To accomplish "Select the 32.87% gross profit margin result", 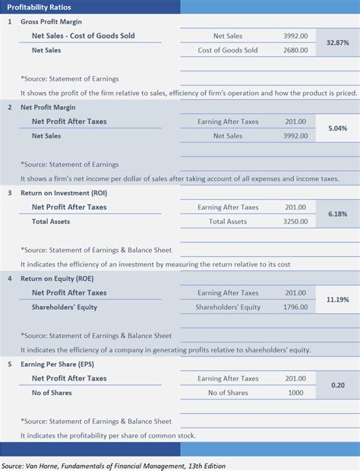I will coord(336,43).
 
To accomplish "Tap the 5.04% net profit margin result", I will coord(336,128).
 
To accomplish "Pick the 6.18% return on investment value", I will coord(336,214).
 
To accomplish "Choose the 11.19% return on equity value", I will coord(336,299).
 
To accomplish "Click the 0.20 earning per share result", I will coord(336,385).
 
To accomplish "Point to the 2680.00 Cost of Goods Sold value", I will coord(296,50).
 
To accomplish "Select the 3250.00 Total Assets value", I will coord(296,221).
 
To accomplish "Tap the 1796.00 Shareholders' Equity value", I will coord(296,307).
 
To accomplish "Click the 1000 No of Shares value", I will coord(296,393).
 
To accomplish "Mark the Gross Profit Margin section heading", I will coord(51,21).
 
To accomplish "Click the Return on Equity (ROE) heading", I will coord(58,278).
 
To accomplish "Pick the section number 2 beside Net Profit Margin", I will coord(10,107).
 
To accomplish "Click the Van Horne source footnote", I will coord(113,465).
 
